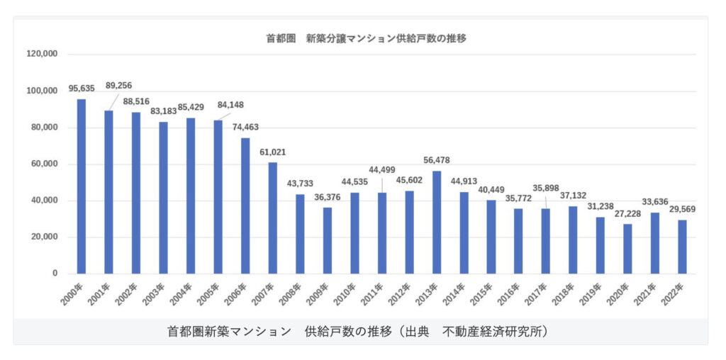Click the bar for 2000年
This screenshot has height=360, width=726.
click(x=81, y=186)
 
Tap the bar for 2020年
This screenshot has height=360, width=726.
click(x=627, y=249)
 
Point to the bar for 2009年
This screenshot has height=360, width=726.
click(x=327, y=240)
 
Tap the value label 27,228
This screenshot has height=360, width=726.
click(x=627, y=213)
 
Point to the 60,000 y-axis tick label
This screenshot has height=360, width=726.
click(x=43, y=164)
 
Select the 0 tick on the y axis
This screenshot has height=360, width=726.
click(x=54, y=274)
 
